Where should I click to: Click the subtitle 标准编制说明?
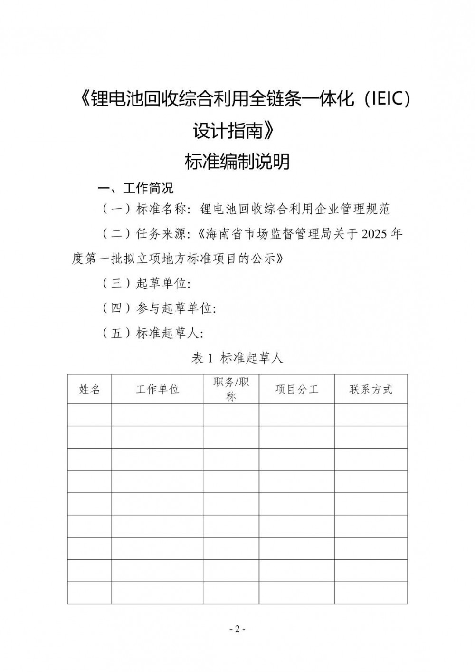tap(237, 162)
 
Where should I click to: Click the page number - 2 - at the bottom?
tap(237, 629)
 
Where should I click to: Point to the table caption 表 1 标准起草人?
tap(237, 358)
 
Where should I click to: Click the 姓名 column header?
tap(89, 390)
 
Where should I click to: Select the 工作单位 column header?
tap(157, 390)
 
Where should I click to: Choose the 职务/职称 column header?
tap(231, 389)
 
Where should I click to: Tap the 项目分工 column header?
tap(296, 390)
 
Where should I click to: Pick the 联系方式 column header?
tap(370, 390)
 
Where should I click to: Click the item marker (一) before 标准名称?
tap(116, 209)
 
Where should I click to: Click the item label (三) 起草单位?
tap(146, 284)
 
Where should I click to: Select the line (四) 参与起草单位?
tap(159, 308)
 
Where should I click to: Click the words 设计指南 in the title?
tap(228, 131)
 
